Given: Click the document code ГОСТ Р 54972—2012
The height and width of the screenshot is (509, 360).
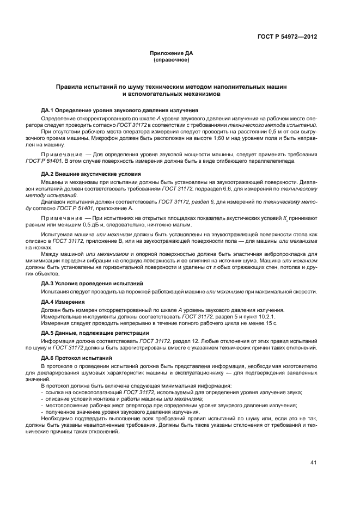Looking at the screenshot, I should pos(287,37).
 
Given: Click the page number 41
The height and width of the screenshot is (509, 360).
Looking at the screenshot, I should pos(314,463).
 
